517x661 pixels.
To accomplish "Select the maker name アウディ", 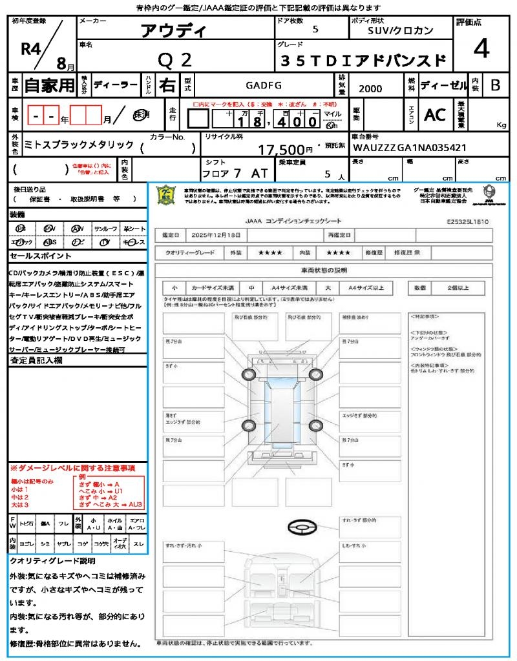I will [174, 30].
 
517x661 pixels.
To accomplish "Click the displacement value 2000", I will [370, 89].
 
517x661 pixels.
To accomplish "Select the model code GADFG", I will [263, 85].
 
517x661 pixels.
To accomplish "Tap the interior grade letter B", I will [495, 85].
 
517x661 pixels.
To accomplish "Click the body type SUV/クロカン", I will [401, 30].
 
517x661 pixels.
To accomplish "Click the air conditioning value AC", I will [434, 115].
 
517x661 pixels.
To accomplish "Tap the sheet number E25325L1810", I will [467, 221].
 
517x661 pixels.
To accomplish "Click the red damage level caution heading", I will [72, 467].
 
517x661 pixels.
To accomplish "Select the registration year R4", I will [30, 49].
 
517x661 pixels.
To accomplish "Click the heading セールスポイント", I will [36, 256].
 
